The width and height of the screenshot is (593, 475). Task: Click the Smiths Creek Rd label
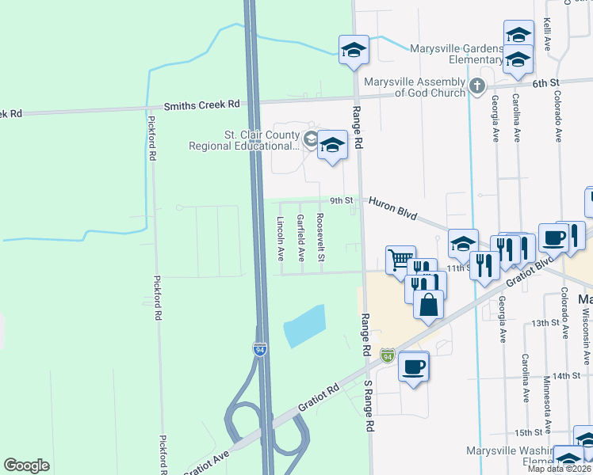(x=201, y=104)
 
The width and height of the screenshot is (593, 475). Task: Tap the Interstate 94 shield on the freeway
(x=259, y=348)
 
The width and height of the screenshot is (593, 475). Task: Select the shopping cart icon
(x=400, y=259)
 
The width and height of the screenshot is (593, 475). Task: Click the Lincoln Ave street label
(x=280, y=239)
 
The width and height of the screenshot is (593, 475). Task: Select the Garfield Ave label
(x=300, y=238)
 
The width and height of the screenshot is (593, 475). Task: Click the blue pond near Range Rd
(x=305, y=325)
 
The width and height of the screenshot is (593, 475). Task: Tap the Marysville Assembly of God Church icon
(x=476, y=86)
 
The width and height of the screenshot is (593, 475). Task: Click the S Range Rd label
(x=369, y=405)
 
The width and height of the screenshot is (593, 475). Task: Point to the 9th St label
(x=342, y=201)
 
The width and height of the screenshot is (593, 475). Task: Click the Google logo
(x=26, y=465)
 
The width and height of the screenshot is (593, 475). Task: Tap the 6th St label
(x=545, y=82)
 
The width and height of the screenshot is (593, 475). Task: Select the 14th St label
(x=567, y=375)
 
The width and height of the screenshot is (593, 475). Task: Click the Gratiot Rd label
(x=319, y=397)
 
